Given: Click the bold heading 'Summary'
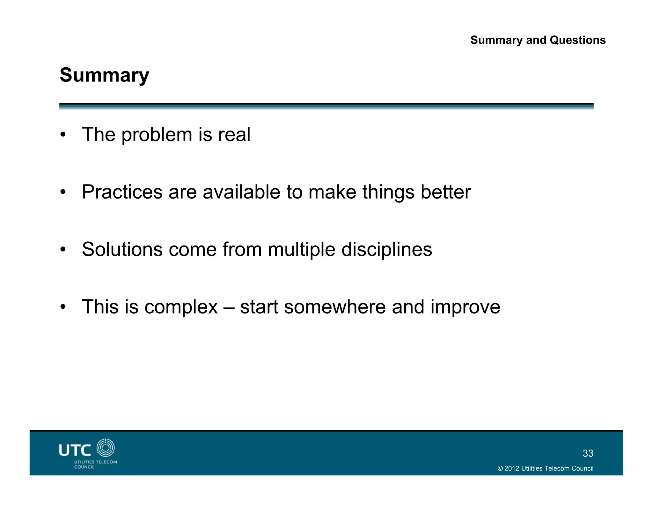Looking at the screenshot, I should click(x=104, y=75).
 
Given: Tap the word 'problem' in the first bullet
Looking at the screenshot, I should click(x=157, y=135).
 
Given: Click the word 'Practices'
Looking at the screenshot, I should click(x=122, y=192).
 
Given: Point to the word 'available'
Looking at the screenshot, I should click(x=241, y=192).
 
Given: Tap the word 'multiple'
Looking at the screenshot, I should click(x=301, y=250).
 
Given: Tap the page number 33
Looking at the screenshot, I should click(x=588, y=453).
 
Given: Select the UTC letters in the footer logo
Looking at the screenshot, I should click(x=75, y=450).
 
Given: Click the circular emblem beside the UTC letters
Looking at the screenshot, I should click(x=106, y=448).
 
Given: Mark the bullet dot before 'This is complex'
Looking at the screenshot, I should click(x=63, y=307).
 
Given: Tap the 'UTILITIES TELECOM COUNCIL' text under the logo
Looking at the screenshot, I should click(x=95, y=464).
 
